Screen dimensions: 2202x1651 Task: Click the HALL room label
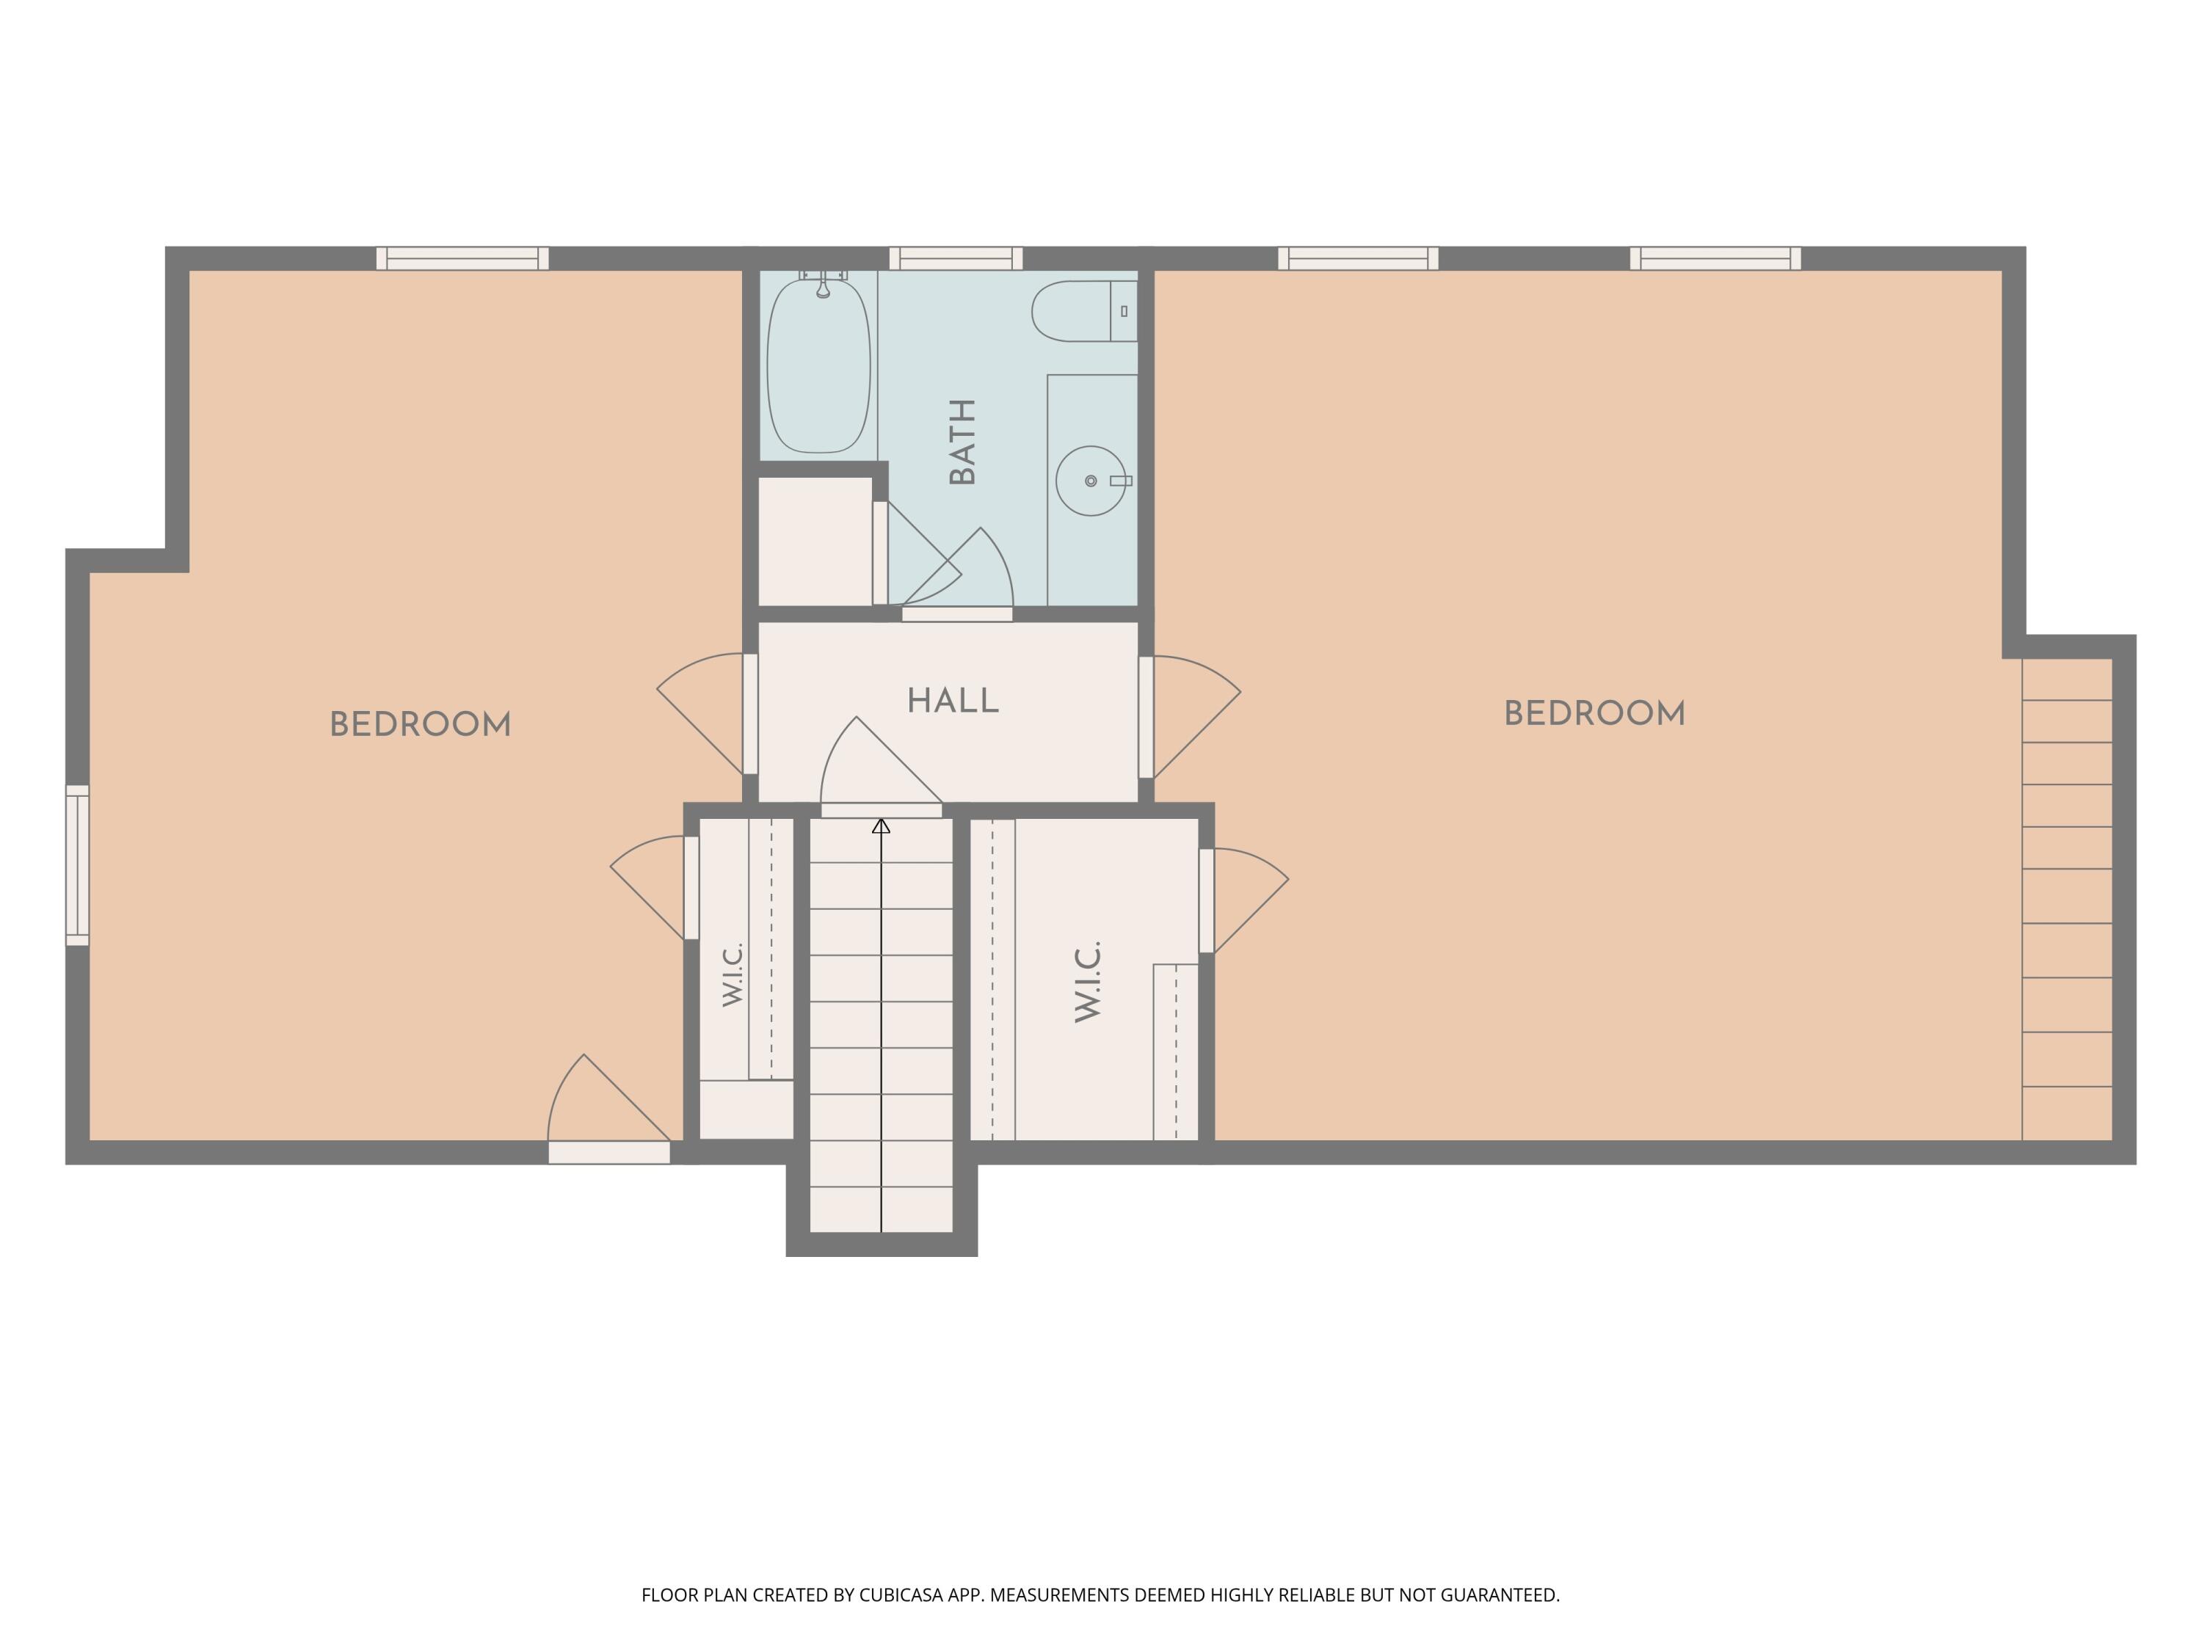[953, 701]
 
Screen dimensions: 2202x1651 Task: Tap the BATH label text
[962, 441]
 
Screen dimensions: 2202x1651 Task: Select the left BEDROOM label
[420, 724]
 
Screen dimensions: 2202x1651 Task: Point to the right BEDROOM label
[1594, 713]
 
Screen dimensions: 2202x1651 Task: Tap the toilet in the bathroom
[1084, 310]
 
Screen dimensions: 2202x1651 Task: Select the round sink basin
[1091, 481]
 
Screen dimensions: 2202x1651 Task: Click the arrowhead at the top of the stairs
[881, 826]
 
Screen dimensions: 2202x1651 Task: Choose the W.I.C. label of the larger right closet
[1088, 981]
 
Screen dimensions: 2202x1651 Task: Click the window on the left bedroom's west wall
[78, 865]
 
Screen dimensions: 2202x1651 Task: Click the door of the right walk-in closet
[1243, 900]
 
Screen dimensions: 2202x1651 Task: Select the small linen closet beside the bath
[815, 542]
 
